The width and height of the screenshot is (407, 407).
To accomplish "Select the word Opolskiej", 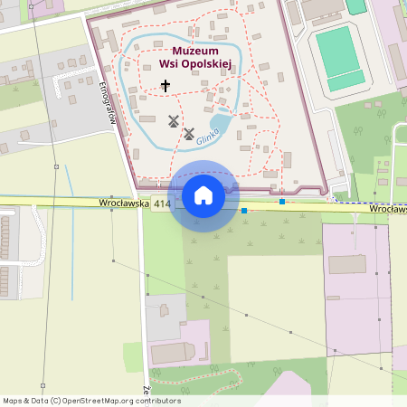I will point(209,65).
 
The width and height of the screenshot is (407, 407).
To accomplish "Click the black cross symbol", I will point(165,86).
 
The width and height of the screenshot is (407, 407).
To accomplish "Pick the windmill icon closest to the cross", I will point(174,120).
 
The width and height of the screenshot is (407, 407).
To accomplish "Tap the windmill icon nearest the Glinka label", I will point(189,134).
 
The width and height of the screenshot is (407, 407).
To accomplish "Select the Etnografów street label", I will point(108,102).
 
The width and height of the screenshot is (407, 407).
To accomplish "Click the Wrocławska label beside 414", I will point(123,204).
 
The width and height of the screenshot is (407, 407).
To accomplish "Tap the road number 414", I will point(162,205).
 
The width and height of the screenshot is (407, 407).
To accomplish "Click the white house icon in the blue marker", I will point(203,195).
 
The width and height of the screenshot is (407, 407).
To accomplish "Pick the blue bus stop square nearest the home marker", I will point(244,211).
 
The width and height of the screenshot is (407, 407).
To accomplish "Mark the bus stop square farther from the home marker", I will point(282,201).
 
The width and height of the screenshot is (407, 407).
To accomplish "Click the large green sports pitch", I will point(337,51).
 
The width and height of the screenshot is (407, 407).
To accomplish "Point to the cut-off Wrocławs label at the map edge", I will point(388,209).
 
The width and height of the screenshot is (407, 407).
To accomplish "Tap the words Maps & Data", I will point(24,401).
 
